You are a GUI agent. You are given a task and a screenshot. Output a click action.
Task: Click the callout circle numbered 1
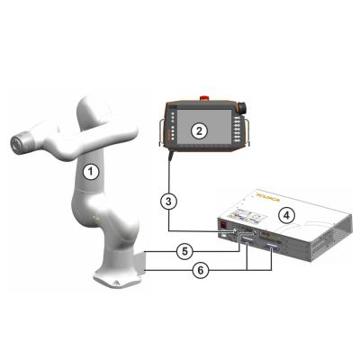(x=89, y=168)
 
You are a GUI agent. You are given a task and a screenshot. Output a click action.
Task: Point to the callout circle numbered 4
(x=285, y=214)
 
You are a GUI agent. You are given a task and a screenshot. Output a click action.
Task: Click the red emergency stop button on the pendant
(x=201, y=96)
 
